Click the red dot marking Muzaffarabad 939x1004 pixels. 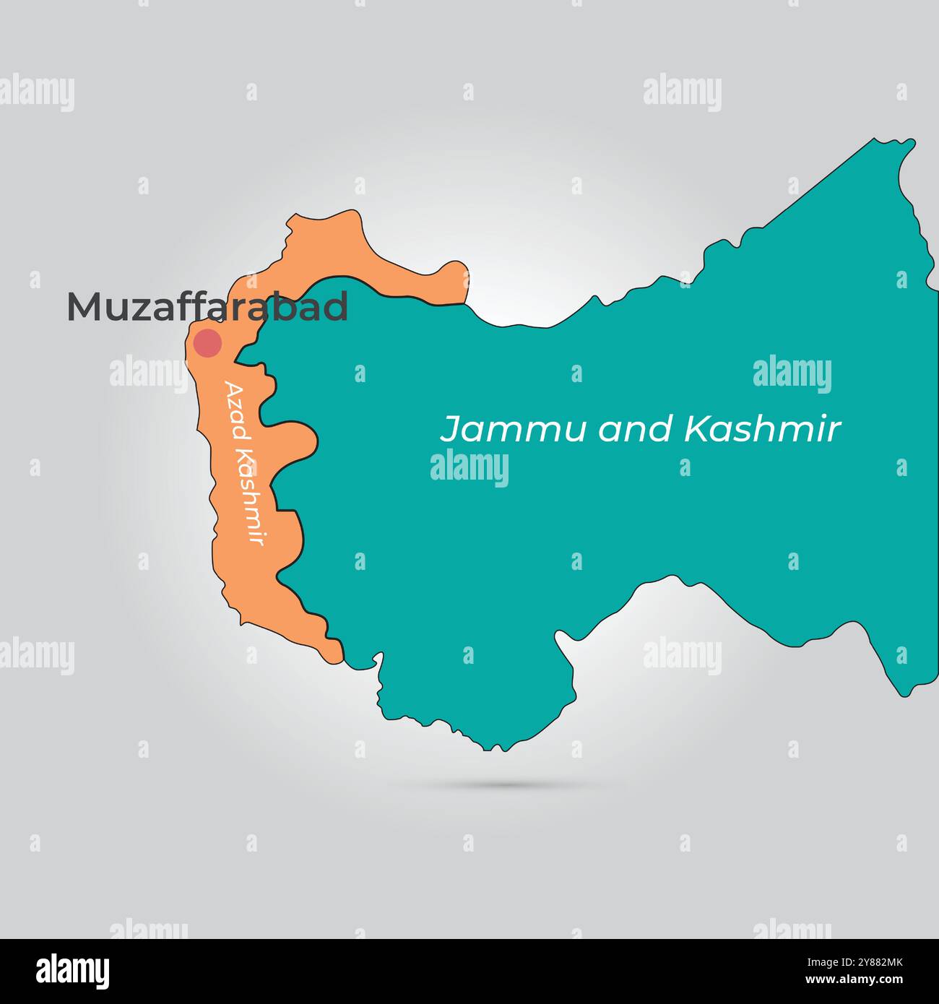208,343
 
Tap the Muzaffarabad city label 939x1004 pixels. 207,307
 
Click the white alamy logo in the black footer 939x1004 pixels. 73,971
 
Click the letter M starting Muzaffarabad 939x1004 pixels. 83,307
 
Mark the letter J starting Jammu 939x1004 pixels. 450,430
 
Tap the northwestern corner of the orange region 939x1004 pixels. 293,217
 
